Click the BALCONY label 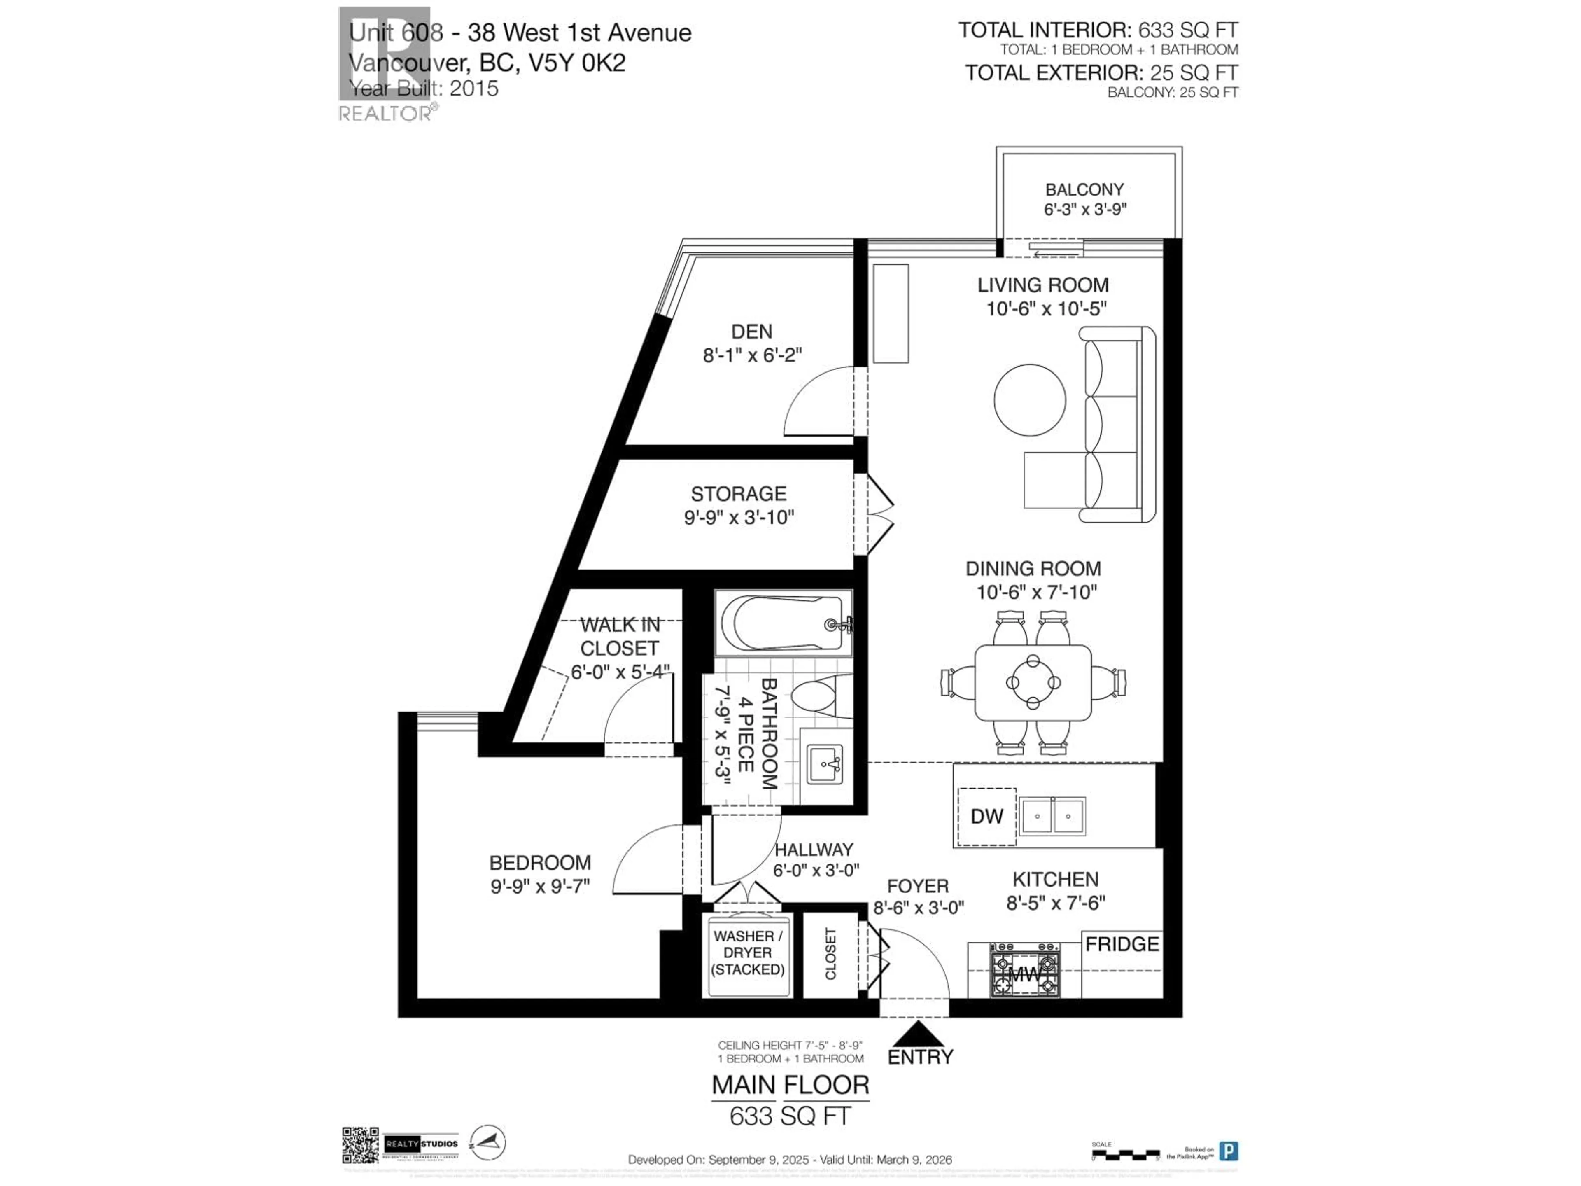[x=1084, y=189]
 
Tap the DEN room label [x=751, y=332]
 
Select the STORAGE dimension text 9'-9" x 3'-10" [x=739, y=518]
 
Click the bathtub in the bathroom [x=783, y=623]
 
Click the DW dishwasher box [x=986, y=816]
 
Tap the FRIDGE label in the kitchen [x=1122, y=944]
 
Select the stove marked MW [x=1025, y=971]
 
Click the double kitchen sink [x=1052, y=816]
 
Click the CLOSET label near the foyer [x=830, y=954]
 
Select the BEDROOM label [x=540, y=862]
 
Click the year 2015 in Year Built [x=474, y=89]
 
